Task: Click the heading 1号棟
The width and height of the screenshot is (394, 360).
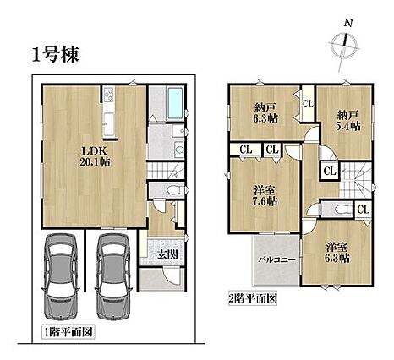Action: (x=55, y=55)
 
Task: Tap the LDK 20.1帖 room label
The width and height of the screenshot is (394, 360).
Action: (x=95, y=156)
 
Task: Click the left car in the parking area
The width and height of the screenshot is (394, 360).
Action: (x=61, y=276)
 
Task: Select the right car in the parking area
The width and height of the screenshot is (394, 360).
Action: (x=113, y=276)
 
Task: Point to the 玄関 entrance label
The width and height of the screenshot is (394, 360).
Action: (x=167, y=254)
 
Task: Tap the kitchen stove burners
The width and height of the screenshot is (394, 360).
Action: (x=108, y=95)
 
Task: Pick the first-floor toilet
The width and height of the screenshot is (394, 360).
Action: (x=176, y=189)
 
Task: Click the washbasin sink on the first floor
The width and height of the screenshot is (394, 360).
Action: (x=179, y=149)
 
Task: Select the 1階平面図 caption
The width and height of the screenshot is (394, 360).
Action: (x=68, y=333)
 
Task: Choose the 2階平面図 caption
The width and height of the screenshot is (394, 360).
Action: (x=252, y=298)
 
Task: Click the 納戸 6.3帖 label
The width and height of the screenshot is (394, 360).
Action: (x=265, y=112)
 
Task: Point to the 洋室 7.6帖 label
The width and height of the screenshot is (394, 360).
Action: (x=265, y=196)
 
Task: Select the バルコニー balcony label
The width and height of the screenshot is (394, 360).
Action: (x=277, y=259)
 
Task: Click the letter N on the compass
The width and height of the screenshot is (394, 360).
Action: (x=348, y=23)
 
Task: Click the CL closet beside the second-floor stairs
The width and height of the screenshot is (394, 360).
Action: (x=330, y=171)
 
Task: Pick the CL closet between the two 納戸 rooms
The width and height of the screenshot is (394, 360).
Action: (x=309, y=104)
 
